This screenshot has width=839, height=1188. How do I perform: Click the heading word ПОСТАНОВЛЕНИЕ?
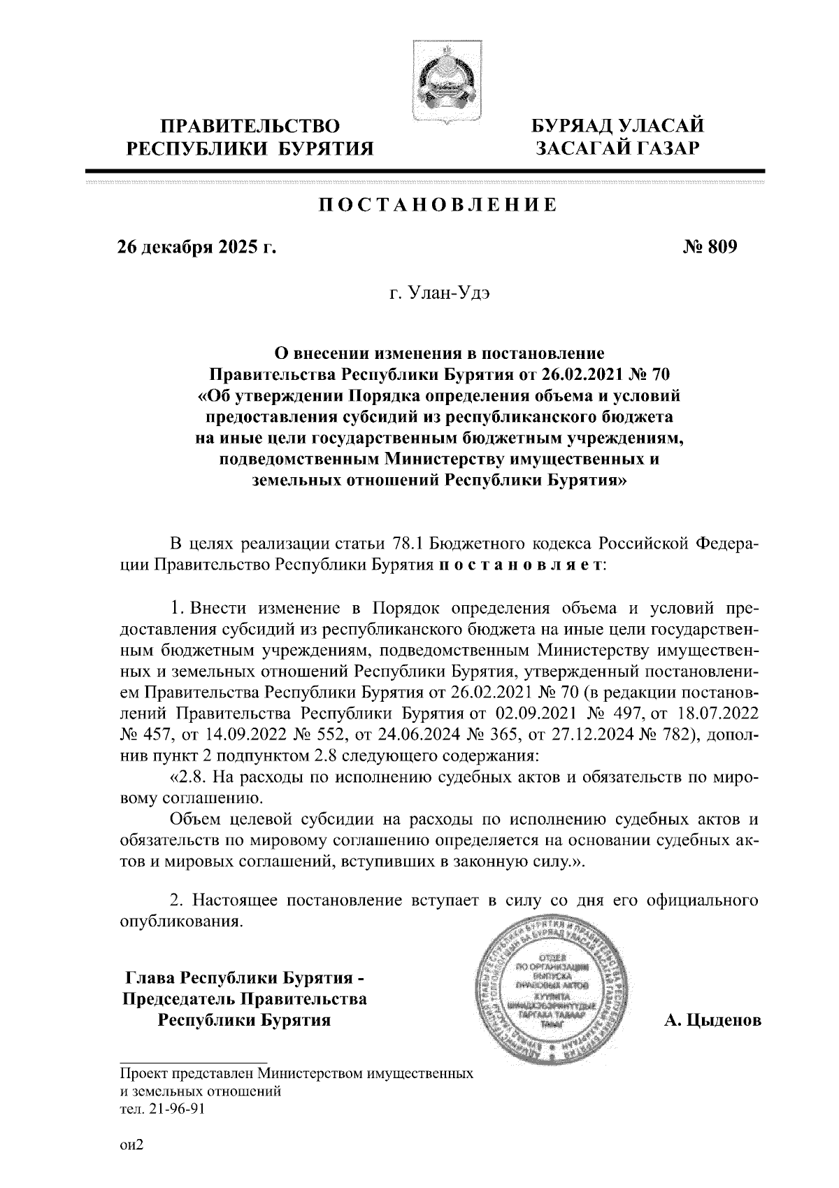coord(438,205)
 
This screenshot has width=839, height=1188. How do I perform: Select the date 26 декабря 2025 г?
coord(196,247)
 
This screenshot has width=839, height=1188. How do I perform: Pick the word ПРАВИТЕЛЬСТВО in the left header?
coord(250,127)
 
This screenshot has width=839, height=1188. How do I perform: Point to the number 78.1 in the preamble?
coord(405,544)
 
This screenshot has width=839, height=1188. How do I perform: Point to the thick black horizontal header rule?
coord(424,171)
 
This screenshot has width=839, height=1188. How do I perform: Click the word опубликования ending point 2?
coord(182,921)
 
